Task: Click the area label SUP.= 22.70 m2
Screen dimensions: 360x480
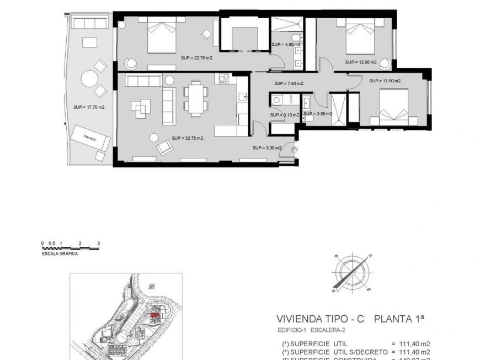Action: tap(197, 57)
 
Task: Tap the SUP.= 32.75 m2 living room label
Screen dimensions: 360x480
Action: tap(188, 138)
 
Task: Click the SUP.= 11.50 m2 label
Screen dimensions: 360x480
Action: tap(385, 81)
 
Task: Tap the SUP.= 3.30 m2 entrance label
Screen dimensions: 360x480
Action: tap(268, 148)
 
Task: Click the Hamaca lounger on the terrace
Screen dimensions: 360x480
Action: tap(88, 138)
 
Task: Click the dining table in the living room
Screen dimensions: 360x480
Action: tap(195, 98)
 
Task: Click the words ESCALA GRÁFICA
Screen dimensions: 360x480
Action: tap(60, 253)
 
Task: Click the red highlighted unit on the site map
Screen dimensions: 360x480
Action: tap(156, 314)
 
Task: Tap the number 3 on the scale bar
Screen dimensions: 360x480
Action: tap(98, 243)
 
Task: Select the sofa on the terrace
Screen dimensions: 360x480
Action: tap(91, 23)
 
